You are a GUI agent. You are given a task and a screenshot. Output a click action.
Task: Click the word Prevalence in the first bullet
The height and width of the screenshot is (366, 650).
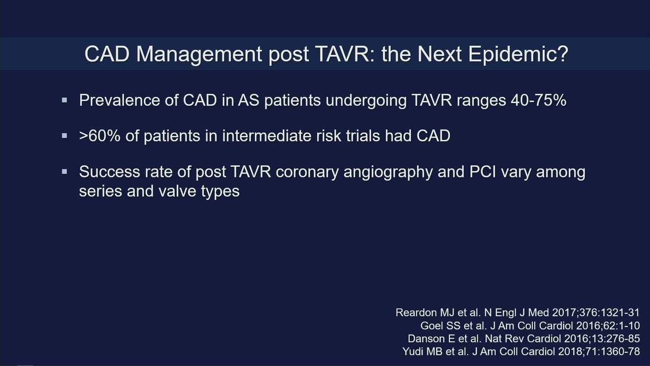click(119, 100)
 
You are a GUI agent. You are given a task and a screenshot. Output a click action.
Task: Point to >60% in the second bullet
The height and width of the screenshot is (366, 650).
click(100, 136)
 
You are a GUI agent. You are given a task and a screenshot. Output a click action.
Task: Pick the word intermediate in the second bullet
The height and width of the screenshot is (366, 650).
click(267, 136)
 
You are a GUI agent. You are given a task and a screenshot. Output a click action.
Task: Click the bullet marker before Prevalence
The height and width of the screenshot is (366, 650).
click(64, 101)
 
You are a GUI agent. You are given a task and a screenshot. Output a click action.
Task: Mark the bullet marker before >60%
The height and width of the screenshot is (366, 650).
click(64, 136)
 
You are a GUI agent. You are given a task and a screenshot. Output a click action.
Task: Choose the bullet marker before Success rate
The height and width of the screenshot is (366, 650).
click(64, 172)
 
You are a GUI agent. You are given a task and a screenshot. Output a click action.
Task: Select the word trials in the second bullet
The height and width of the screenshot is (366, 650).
click(363, 136)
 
